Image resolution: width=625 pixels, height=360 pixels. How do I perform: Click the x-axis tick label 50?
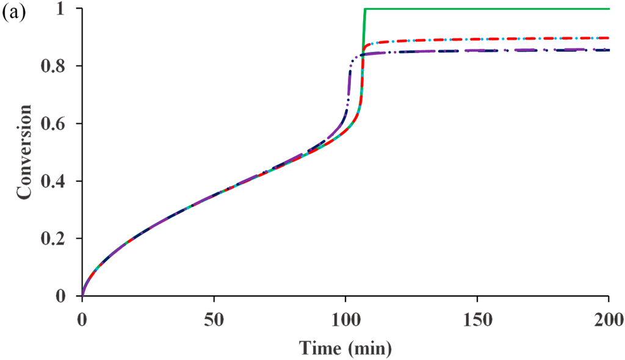click(214, 319)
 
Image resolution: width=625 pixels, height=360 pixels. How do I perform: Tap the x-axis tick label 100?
click(345, 319)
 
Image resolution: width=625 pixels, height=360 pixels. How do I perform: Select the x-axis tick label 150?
click(477, 319)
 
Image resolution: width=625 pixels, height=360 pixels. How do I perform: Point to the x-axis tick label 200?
click(609, 319)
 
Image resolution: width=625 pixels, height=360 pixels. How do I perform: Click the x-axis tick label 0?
click(82, 319)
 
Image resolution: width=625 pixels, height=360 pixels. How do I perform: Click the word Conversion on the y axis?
click(25, 152)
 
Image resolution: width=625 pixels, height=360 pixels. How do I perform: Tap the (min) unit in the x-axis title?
click(372, 347)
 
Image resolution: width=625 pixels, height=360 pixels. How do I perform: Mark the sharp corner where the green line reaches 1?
click(364, 9)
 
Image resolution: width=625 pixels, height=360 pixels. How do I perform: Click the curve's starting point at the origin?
click(82, 296)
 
